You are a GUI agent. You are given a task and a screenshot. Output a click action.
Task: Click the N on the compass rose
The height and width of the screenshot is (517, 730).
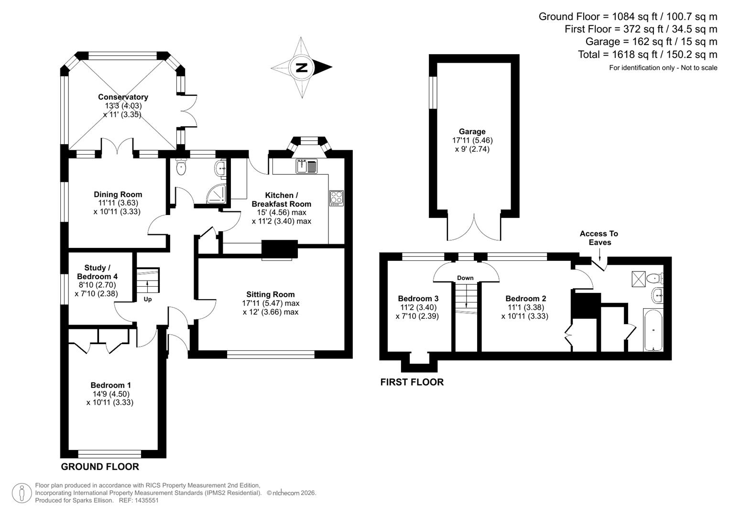point(301,67)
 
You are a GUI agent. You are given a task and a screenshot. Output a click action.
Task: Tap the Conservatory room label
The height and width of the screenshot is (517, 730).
point(123,97)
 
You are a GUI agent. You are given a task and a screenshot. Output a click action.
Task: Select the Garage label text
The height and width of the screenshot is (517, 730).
point(472,132)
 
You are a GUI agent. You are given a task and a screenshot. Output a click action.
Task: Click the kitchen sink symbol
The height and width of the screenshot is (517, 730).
point(306,166)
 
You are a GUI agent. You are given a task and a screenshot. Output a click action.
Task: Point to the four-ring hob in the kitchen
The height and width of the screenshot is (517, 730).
point(336,198)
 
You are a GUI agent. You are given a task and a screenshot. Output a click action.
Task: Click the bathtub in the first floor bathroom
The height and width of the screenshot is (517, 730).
point(653,330)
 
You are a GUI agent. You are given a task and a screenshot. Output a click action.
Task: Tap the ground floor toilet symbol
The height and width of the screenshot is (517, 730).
point(181,168)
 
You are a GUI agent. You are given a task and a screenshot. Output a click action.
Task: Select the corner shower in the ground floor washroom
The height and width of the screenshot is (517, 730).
point(218,193)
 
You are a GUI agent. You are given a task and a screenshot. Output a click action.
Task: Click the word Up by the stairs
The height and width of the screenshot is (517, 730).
point(148,299)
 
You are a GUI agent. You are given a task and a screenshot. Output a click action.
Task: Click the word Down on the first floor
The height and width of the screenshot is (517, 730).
point(465,278)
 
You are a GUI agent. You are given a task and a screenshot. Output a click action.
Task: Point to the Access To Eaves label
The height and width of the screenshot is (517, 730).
point(599,238)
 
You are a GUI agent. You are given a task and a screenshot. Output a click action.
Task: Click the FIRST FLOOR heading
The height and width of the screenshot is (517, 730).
point(412,382)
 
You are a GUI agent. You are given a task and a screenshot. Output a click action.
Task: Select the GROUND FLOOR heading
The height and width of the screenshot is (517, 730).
point(100,467)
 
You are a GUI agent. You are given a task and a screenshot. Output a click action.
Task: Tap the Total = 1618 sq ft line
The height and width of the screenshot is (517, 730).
point(647,55)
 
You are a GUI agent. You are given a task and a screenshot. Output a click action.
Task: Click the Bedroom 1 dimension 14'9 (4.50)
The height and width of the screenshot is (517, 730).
point(111,394)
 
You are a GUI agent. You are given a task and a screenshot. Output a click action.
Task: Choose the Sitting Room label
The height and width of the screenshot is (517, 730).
point(271,294)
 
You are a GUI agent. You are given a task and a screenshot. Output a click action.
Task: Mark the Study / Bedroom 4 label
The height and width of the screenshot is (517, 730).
point(97,272)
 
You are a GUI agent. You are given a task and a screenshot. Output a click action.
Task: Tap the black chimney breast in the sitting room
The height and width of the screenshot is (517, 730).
point(280,249)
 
